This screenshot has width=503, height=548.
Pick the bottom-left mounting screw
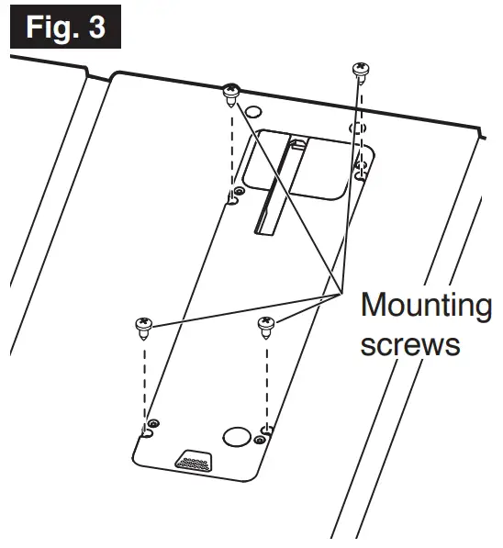[x=144, y=326]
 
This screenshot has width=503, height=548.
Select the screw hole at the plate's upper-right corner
[x=361, y=169]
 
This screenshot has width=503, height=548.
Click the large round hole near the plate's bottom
[x=237, y=435]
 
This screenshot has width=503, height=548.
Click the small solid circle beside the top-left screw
[x=253, y=113]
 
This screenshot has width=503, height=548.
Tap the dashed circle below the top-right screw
[x=358, y=127]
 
